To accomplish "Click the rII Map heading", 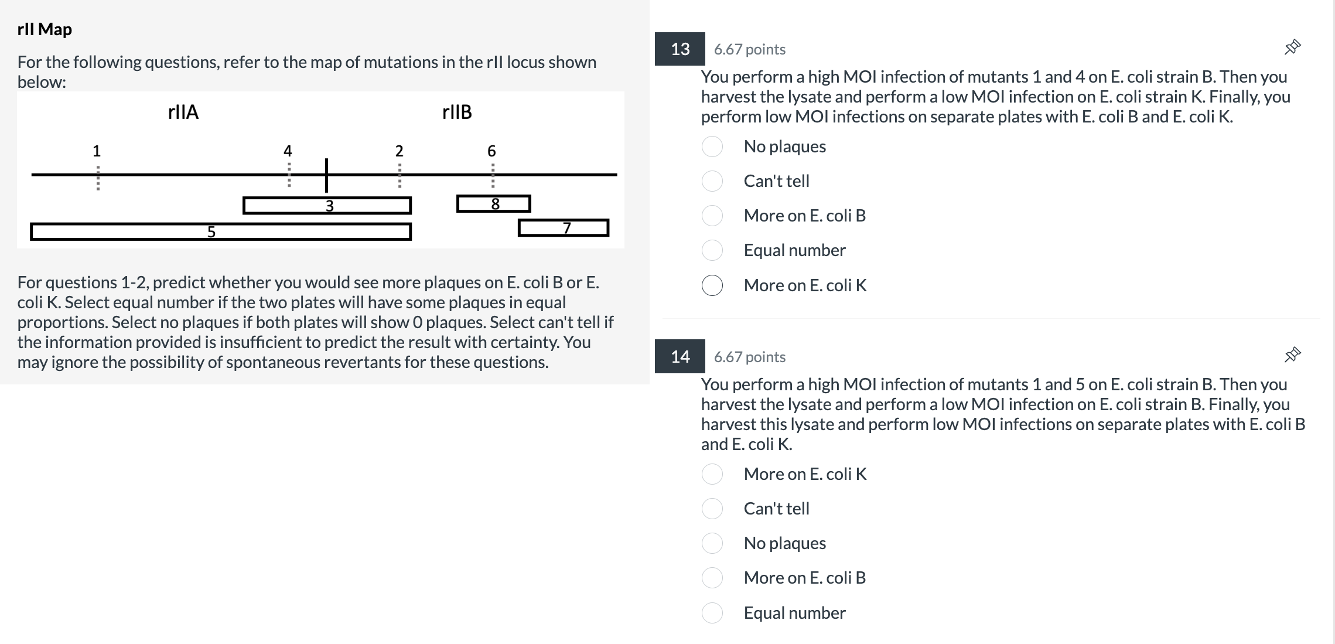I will [45, 29].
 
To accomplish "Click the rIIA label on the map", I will [183, 112].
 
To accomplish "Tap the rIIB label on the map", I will [457, 112].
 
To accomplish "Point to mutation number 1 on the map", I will [97, 151].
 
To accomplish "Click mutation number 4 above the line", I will [288, 151].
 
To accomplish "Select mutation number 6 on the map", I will [491, 151].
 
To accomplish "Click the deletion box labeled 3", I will [327, 206].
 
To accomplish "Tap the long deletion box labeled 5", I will [220, 232].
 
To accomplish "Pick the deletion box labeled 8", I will [493, 204].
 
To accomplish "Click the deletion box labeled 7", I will [563, 228].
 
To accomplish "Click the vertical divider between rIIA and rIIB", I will [326, 175].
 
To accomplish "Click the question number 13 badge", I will [680, 49].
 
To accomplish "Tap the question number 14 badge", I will [680, 357].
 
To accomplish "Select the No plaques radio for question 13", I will [712, 146].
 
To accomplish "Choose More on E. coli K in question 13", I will [712, 285].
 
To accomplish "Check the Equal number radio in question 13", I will [712, 251].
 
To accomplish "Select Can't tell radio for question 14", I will [712, 509].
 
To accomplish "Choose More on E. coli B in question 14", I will [712, 578].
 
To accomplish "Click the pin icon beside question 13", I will [1292, 47].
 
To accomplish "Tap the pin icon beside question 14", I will [1292, 355].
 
